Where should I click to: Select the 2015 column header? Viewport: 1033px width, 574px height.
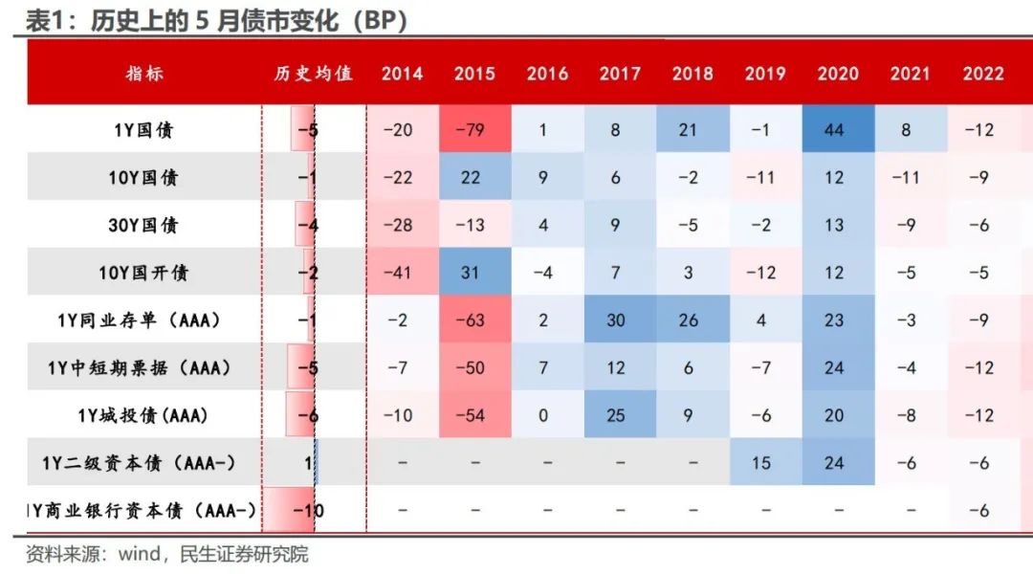click(x=474, y=74)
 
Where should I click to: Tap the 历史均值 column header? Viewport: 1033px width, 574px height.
click(x=314, y=74)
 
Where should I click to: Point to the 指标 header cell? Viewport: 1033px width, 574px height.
click(x=144, y=74)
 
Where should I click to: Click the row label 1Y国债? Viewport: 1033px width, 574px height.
click(x=144, y=130)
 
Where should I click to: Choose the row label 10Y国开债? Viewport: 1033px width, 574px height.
click(x=144, y=273)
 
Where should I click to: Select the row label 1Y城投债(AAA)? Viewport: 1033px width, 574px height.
click(x=143, y=416)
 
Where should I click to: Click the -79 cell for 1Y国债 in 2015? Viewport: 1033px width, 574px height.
click(x=474, y=130)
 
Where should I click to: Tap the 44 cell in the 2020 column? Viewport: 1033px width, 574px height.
click(x=834, y=130)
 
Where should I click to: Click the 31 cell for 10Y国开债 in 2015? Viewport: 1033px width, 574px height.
click(x=471, y=273)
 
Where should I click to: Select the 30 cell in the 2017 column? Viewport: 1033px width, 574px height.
click(x=616, y=320)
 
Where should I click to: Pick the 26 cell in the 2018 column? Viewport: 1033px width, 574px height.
click(x=689, y=320)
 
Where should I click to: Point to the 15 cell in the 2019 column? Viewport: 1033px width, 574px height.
click(x=761, y=463)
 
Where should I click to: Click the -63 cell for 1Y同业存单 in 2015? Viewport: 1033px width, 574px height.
click(x=474, y=320)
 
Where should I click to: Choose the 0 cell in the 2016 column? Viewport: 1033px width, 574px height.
click(x=543, y=416)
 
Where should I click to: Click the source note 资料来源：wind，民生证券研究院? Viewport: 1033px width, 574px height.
click(x=166, y=555)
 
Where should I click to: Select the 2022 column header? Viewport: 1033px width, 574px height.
click(x=983, y=74)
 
